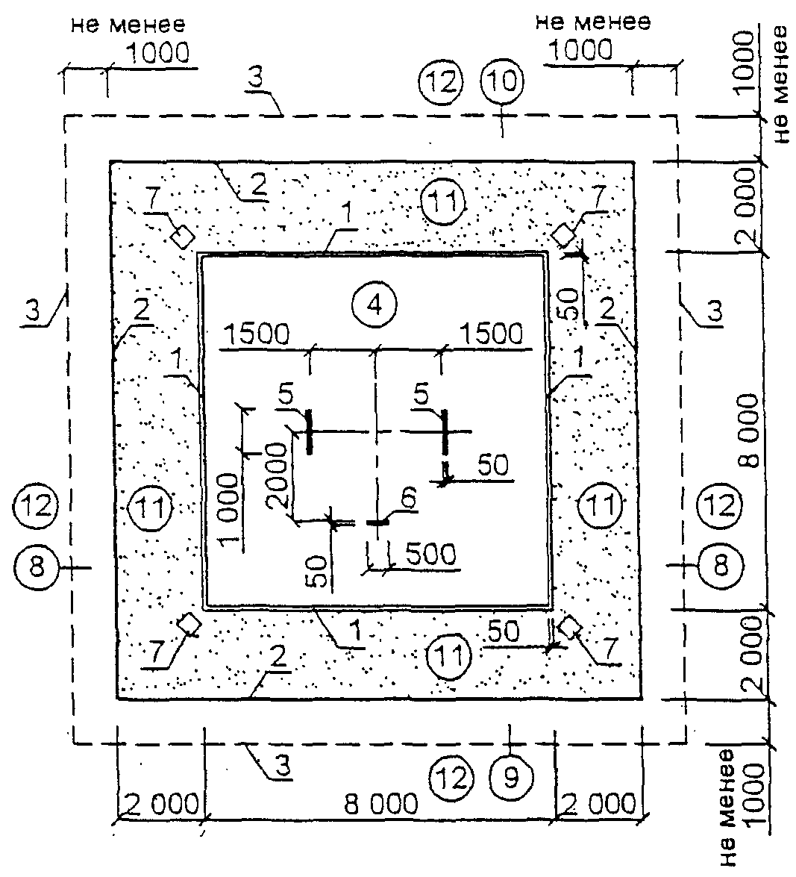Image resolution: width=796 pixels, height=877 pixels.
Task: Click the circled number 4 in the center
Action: coord(375,305)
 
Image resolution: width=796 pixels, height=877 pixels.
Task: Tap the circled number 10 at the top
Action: coord(502,81)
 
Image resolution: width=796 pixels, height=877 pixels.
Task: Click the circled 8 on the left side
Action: coord(37,567)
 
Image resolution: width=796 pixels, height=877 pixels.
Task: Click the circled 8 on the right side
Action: coord(721,566)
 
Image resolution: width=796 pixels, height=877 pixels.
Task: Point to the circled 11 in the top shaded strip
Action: coord(442,202)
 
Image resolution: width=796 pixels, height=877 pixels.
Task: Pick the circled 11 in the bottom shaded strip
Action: coord(449,656)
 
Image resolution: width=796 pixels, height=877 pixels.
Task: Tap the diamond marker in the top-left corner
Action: coord(182,237)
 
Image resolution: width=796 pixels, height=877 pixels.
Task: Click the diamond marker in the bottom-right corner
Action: coord(569,628)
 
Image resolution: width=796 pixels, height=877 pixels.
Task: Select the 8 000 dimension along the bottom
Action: coord(380,805)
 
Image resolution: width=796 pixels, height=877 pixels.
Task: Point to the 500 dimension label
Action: coord(430,555)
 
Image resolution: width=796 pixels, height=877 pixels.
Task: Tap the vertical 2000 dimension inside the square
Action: coord(278,476)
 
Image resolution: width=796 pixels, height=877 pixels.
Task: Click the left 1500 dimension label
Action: coord(257,334)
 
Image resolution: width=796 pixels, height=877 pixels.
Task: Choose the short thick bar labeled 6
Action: coord(378,522)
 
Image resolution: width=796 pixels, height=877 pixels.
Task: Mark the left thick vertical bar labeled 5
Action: coord(309,432)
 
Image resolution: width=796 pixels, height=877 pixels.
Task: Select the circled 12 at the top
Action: coord(441,82)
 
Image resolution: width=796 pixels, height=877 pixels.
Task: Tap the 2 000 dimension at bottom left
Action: coord(160,805)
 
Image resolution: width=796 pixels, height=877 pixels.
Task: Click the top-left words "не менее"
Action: coord(128,25)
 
